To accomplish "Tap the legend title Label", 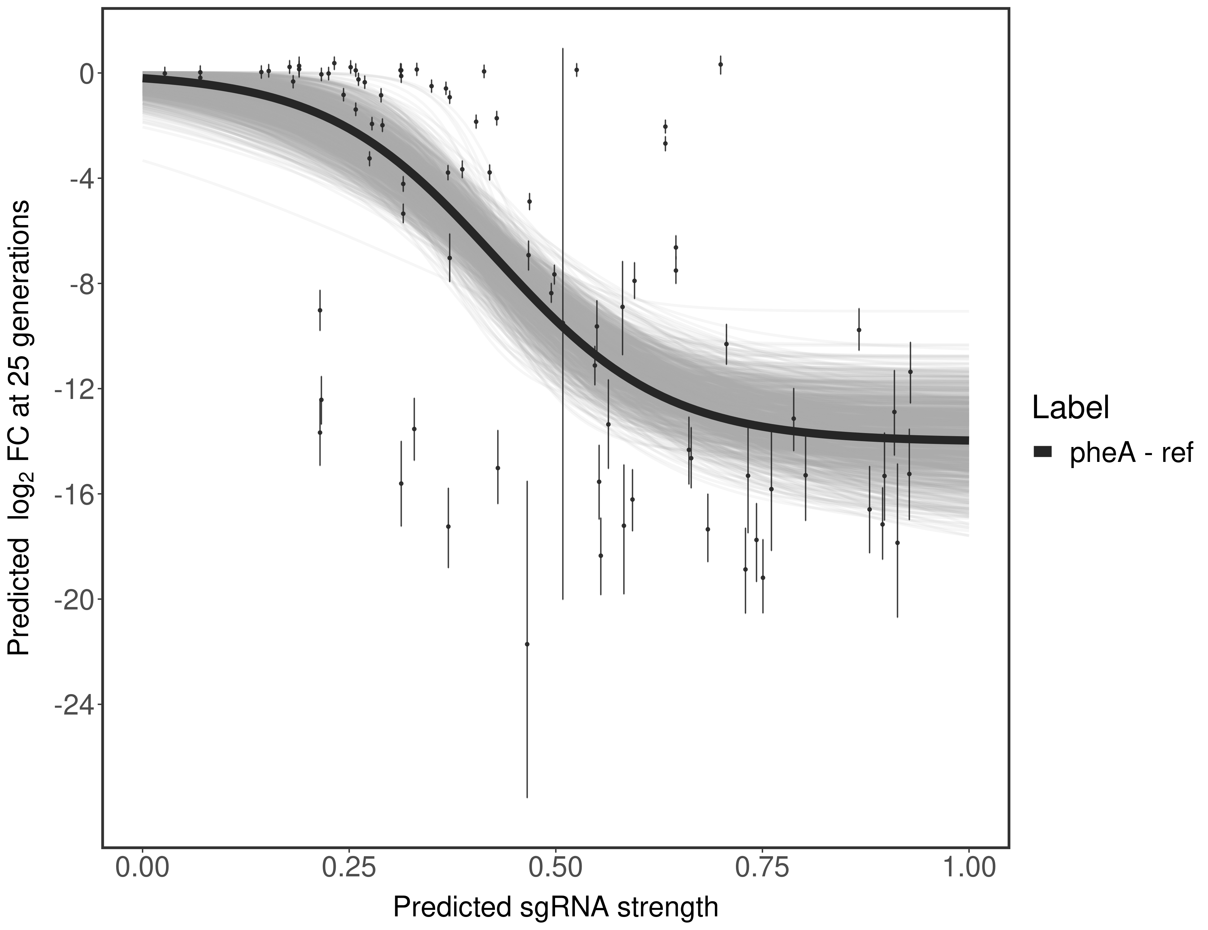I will (x=1070, y=409).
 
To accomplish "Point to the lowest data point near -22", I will (x=527, y=644).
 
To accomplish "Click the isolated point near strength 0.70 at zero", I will (x=720, y=64).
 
